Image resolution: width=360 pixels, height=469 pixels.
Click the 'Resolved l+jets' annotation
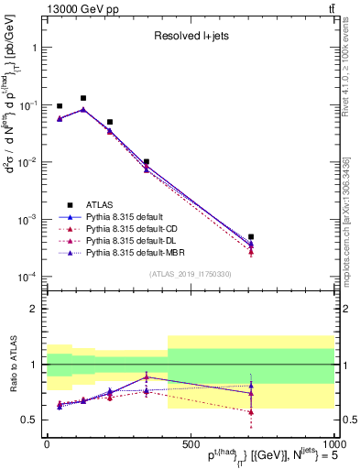click(x=190, y=36)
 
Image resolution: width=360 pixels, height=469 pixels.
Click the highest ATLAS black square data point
click(x=83, y=98)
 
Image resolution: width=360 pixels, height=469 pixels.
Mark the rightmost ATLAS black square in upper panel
click(x=251, y=236)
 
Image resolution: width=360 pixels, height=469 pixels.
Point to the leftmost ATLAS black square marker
click(x=60, y=106)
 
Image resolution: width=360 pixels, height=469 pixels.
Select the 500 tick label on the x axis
click(x=191, y=442)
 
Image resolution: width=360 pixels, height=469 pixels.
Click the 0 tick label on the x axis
click(x=47, y=442)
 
